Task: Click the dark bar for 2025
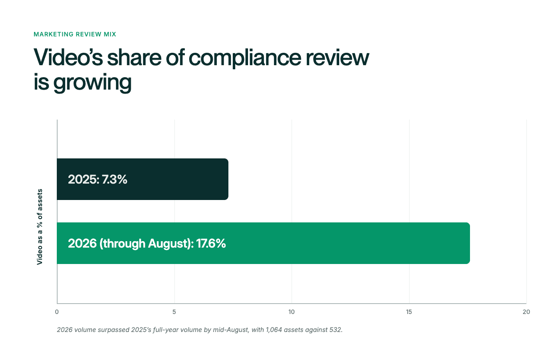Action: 142,179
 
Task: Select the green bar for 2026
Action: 264,243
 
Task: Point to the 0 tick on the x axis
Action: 57,312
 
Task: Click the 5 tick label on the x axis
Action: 174,312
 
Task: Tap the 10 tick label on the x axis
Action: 292,312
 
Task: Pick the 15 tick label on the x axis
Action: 409,312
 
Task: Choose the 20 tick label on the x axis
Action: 526,312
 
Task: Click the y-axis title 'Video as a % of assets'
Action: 40,227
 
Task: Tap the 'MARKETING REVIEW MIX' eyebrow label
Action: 75,34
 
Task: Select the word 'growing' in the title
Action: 92,83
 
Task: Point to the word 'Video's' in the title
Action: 68,57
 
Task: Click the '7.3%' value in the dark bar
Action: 114,179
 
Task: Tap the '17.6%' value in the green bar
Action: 211,243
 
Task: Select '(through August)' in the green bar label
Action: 146,244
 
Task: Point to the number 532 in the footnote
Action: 336,330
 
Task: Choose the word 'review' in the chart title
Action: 337,58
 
